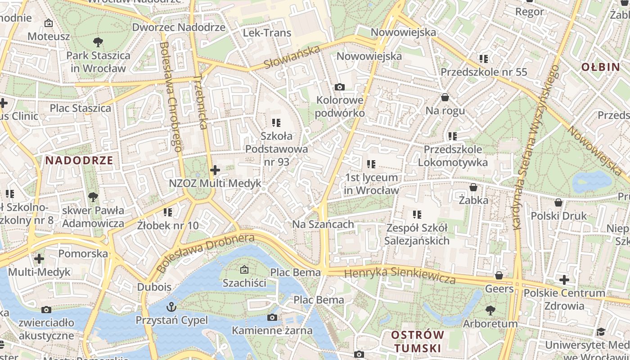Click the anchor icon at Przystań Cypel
(171, 307)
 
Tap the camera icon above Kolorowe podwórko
(339, 87)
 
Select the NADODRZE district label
(79, 160)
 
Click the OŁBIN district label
(600, 67)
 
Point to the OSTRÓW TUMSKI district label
(417, 342)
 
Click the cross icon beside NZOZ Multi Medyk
(215, 170)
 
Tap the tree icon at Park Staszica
(98, 42)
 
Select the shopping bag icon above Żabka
(473, 187)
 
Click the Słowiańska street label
(292, 57)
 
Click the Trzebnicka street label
(200, 102)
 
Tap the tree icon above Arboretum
(490, 310)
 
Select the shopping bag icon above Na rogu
(445, 97)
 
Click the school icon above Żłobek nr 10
(168, 211)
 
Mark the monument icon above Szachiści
(244, 270)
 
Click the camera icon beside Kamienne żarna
(272, 318)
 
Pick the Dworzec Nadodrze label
(179, 27)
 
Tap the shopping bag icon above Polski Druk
(558, 202)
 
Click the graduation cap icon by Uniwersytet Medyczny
(601, 332)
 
